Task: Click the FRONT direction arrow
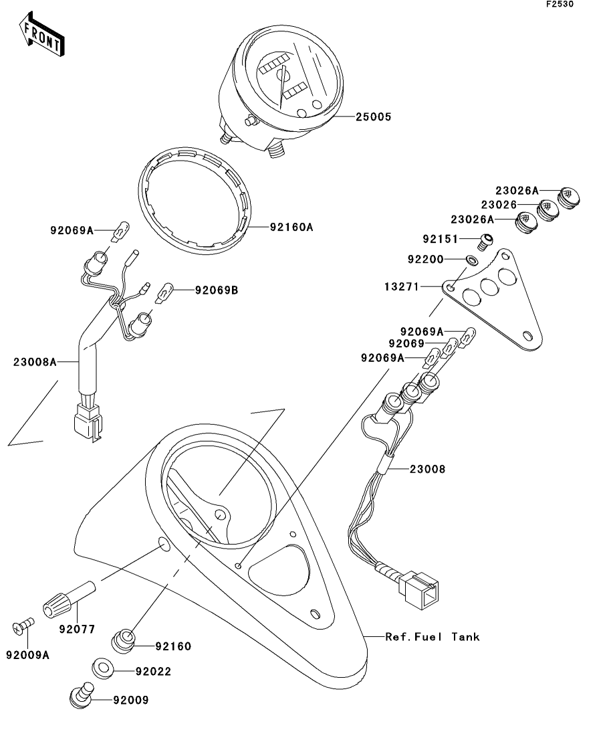tap(41, 35)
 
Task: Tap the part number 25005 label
tap(373, 116)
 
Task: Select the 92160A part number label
tap(291, 227)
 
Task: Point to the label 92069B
tap(217, 290)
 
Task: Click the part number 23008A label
tap(34, 362)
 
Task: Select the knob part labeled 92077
tap(69, 599)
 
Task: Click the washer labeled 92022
tap(102, 669)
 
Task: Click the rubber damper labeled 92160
tap(124, 641)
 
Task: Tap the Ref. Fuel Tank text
tap(433, 637)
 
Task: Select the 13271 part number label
tap(401, 286)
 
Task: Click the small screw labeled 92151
tap(485, 242)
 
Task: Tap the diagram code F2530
tap(560, 4)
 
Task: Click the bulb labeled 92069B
tap(164, 293)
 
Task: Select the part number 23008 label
tap(427, 469)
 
